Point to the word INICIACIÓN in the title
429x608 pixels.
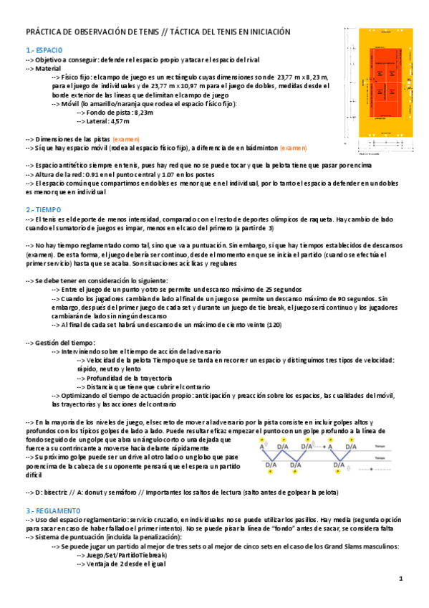click(269, 32)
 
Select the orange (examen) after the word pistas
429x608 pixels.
click(125, 138)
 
